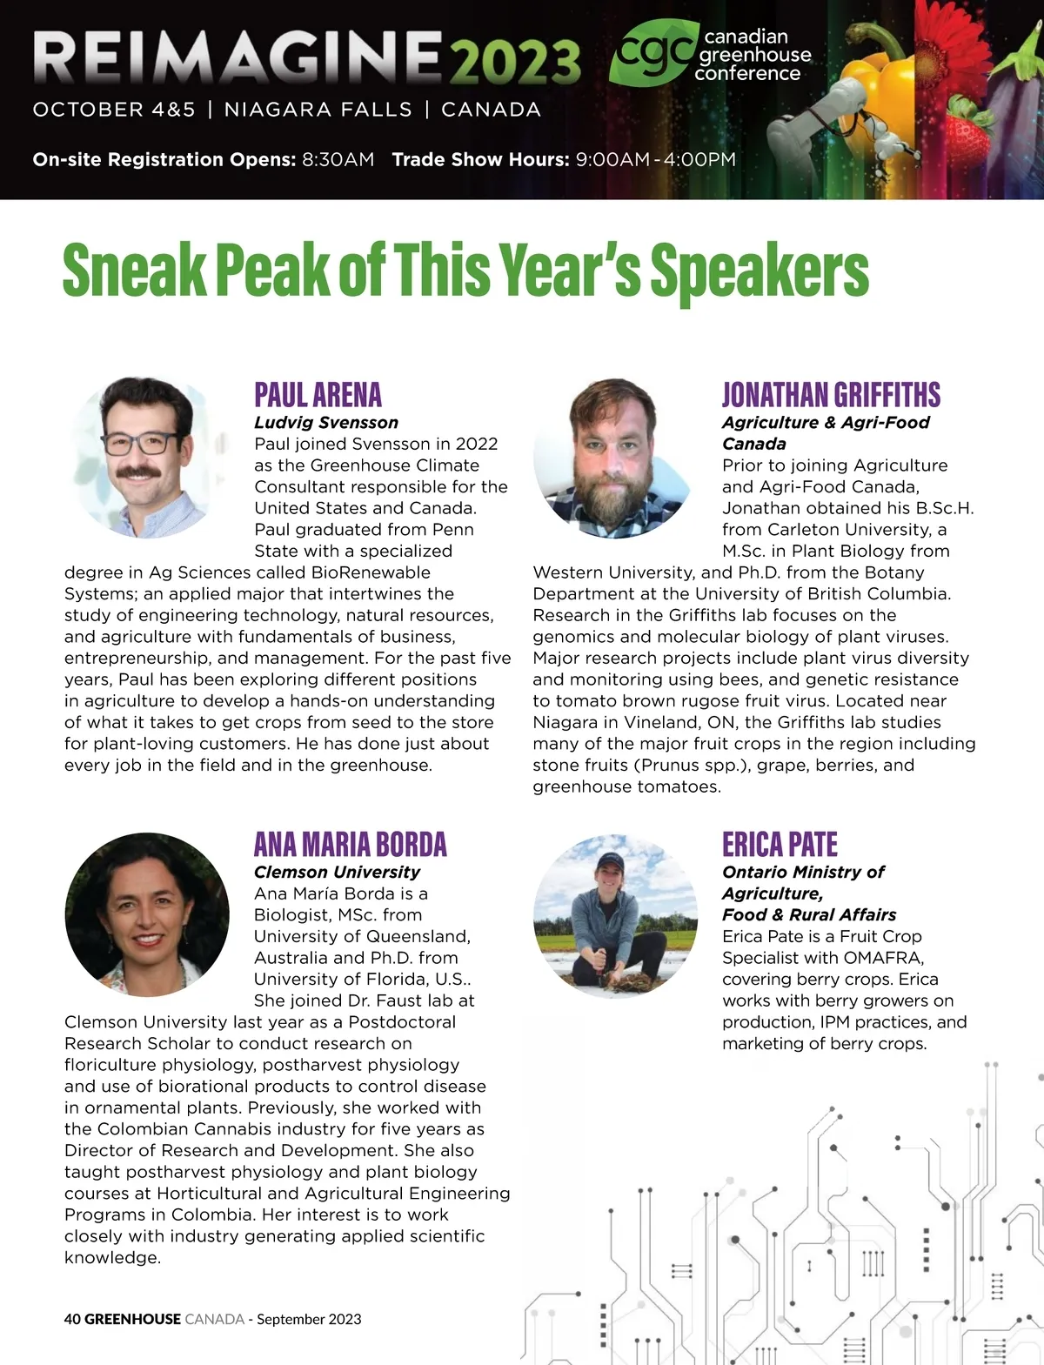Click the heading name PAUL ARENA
pos(318,395)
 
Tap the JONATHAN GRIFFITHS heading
pos(831,395)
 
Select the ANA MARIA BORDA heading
pos(350,845)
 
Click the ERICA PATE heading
pos(780,845)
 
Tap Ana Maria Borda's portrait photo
pos(146,914)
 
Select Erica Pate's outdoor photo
pos(615,914)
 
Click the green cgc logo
pos(655,54)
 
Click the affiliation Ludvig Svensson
pos(326,423)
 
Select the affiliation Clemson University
pos(337,873)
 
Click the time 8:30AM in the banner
pos(338,160)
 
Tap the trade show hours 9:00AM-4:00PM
pos(655,160)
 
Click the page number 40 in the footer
pos(72,1319)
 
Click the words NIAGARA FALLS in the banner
pos(318,110)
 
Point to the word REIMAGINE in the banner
pos(238,57)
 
